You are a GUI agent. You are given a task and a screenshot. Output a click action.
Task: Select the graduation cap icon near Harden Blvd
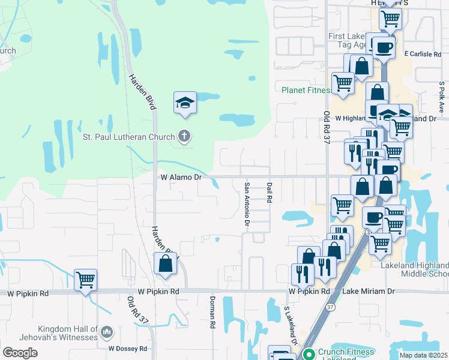tap(185, 103)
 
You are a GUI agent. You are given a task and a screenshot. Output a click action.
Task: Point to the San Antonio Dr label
tap(247, 204)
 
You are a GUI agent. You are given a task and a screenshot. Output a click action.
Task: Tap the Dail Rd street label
tap(270, 192)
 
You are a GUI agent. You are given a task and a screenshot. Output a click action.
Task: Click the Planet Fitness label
tap(306, 91)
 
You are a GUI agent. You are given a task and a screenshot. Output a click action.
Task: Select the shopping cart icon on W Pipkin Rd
tap(85, 279)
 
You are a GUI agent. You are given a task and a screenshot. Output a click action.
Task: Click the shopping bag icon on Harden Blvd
tap(165, 263)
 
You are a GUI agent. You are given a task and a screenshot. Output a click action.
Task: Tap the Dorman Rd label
tap(212, 312)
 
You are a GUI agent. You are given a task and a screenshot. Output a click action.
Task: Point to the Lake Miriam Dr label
tap(369, 292)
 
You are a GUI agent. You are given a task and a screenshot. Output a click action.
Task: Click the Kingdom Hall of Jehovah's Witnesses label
tap(68, 333)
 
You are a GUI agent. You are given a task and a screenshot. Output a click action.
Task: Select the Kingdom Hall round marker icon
tap(106, 332)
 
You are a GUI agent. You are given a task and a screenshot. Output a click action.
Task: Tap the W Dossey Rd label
tap(127, 349)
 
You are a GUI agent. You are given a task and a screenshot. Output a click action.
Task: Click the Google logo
tap(20, 352)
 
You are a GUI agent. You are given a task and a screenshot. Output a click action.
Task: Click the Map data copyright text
tap(423, 355)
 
